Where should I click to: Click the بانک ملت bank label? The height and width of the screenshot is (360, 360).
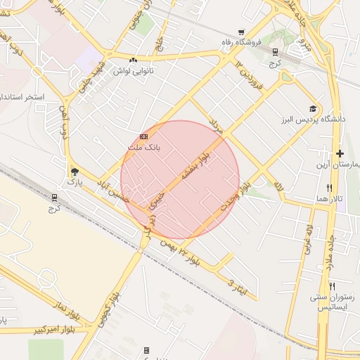tap(144, 148)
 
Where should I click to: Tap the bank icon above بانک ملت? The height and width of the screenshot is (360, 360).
tap(143, 136)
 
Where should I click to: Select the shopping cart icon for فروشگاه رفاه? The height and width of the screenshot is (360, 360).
tap(241, 32)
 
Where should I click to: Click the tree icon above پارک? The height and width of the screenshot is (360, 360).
tap(75, 171)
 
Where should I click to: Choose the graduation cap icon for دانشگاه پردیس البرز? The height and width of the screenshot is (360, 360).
tap(312, 108)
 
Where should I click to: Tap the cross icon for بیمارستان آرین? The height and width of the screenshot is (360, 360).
tap(340, 153)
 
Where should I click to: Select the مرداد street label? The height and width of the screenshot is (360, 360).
tap(216, 128)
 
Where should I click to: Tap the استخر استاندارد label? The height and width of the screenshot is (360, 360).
tap(22, 96)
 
